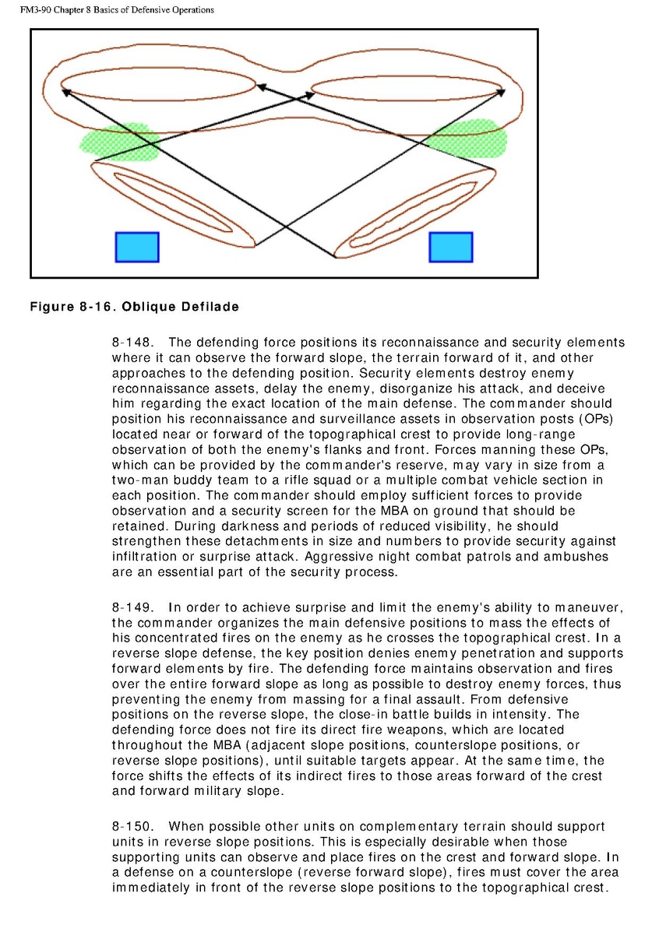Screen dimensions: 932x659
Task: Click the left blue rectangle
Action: (x=137, y=247)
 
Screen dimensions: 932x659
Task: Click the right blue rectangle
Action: (x=451, y=247)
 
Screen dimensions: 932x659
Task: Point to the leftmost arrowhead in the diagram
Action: (x=66, y=91)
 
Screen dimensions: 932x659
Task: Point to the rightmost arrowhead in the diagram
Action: (x=501, y=91)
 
